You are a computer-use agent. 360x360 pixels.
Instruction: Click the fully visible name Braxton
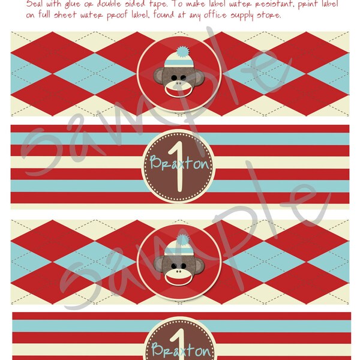[x=173, y=163]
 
